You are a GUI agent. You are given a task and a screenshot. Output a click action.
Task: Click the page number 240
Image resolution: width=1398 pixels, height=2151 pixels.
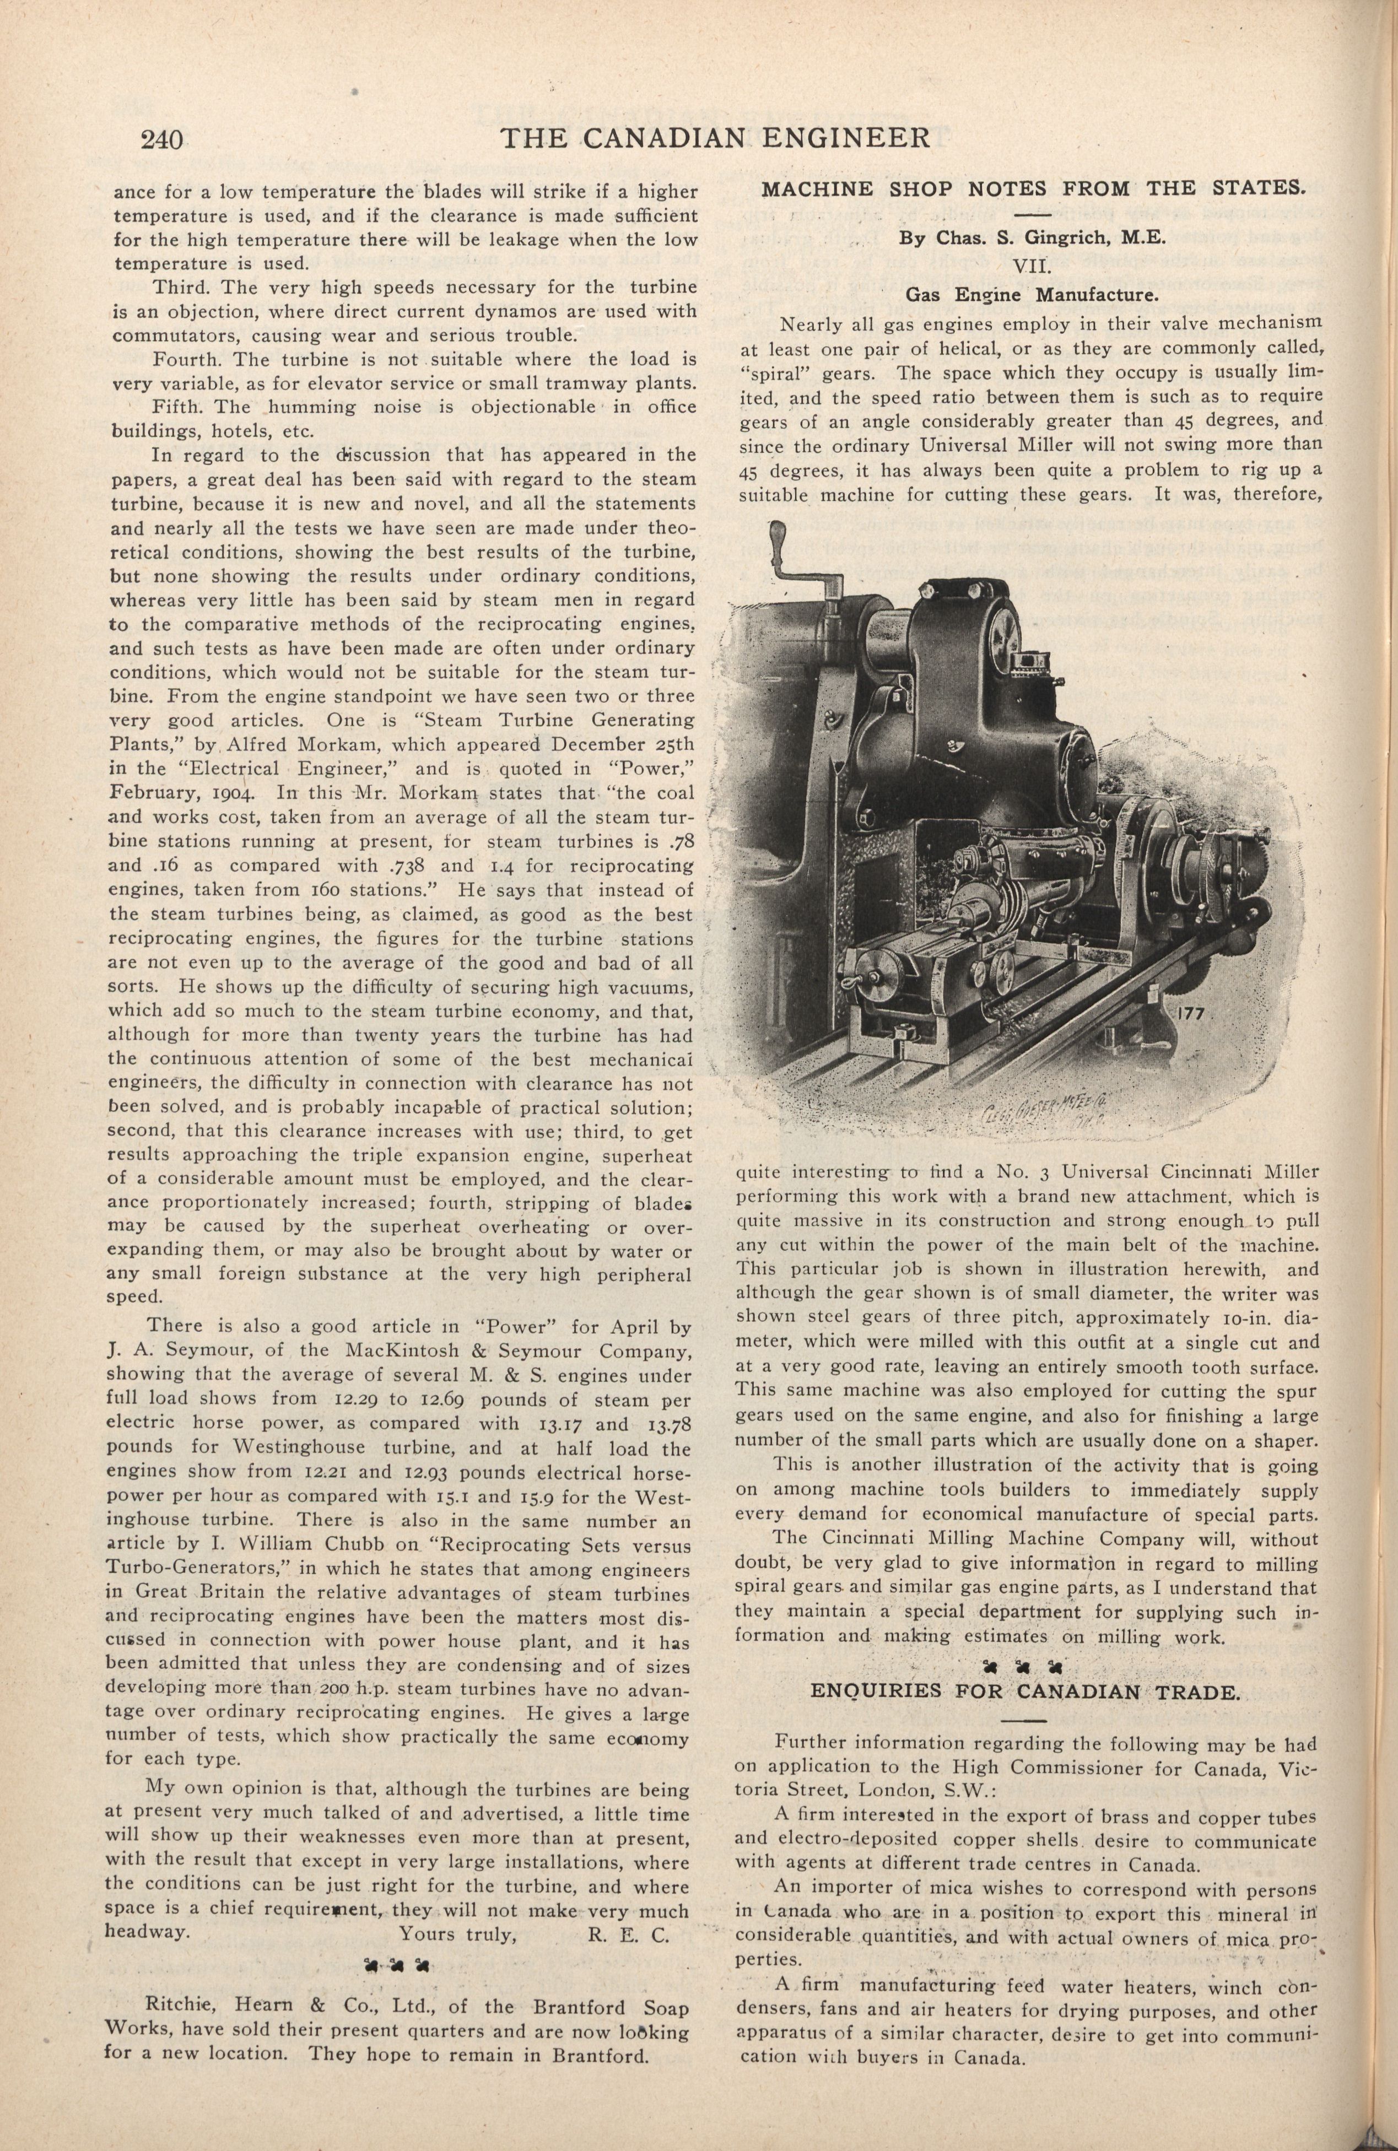coord(163,139)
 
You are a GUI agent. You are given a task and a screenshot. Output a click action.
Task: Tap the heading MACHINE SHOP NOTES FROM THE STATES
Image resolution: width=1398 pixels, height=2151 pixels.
coord(1033,190)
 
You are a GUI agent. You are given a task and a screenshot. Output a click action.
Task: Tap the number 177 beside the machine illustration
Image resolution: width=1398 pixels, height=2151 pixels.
coord(1199,1013)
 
